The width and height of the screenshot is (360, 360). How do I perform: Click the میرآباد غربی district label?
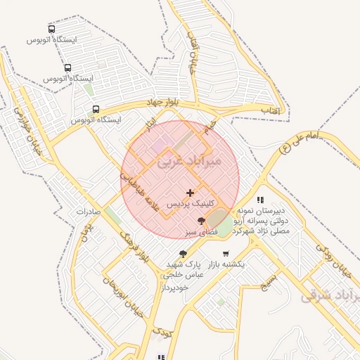click(x=189, y=161)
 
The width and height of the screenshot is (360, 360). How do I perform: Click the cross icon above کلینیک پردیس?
click(x=190, y=192)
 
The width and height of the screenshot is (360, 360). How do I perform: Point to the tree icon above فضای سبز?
click(x=202, y=221)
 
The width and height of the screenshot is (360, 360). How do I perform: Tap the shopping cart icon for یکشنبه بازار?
click(x=226, y=254)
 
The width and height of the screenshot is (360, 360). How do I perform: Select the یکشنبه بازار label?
click(x=226, y=264)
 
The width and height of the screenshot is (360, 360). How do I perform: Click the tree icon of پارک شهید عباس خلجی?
click(x=184, y=254)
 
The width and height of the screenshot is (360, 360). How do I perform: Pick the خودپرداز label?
click(x=176, y=288)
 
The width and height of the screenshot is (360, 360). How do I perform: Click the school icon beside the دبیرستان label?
click(x=260, y=200)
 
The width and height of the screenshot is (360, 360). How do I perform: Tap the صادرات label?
click(x=89, y=212)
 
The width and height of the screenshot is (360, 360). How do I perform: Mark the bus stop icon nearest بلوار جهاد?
click(x=96, y=109)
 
